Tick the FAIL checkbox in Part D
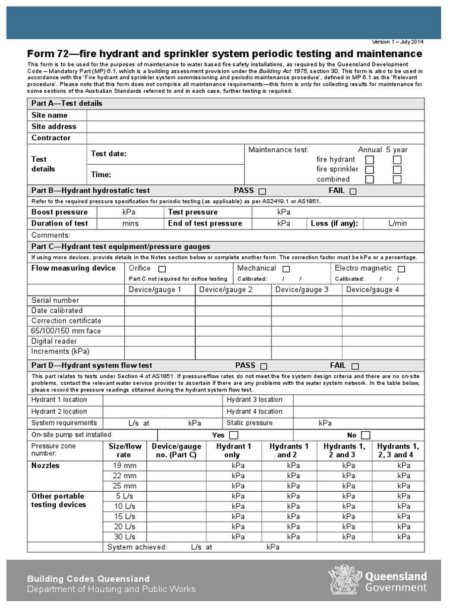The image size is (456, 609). (355, 366)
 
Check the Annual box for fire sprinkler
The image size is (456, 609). (369, 169)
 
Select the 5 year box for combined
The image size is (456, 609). (397, 179)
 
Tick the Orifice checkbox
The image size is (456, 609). (161, 269)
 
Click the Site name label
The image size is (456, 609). (49, 115)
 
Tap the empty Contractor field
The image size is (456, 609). (255, 138)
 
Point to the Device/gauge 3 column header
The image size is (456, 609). (302, 290)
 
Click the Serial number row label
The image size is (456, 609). (55, 300)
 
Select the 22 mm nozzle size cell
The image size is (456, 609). (125, 476)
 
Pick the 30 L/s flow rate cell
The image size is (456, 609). (125, 536)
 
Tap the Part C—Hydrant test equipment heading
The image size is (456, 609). (121, 246)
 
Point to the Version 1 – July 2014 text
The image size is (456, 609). (398, 42)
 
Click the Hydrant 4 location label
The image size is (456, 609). (254, 412)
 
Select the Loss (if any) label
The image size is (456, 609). (335, 224)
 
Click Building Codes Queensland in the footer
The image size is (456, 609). (88, 579)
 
